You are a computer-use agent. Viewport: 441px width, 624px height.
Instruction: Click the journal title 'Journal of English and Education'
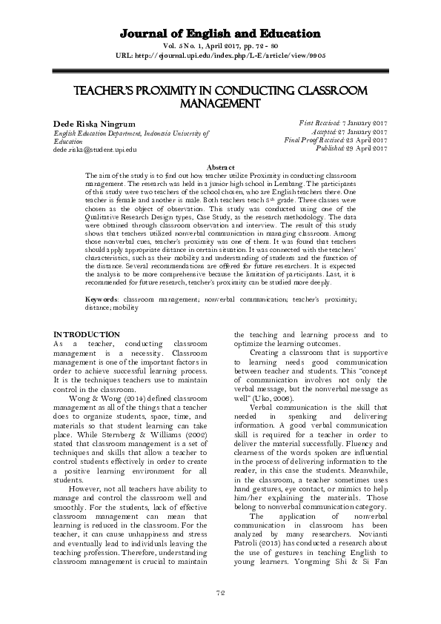pos(220,34)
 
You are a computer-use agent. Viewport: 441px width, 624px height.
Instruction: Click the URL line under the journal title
pos(220,55)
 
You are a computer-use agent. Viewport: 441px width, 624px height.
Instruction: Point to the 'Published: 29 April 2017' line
pos(352,148)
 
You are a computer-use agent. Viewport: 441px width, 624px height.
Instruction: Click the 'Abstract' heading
pos(220,168)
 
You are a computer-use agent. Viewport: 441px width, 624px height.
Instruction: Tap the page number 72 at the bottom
pos(220,591)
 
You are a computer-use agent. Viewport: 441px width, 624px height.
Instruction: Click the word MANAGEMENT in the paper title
pos(220,104)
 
